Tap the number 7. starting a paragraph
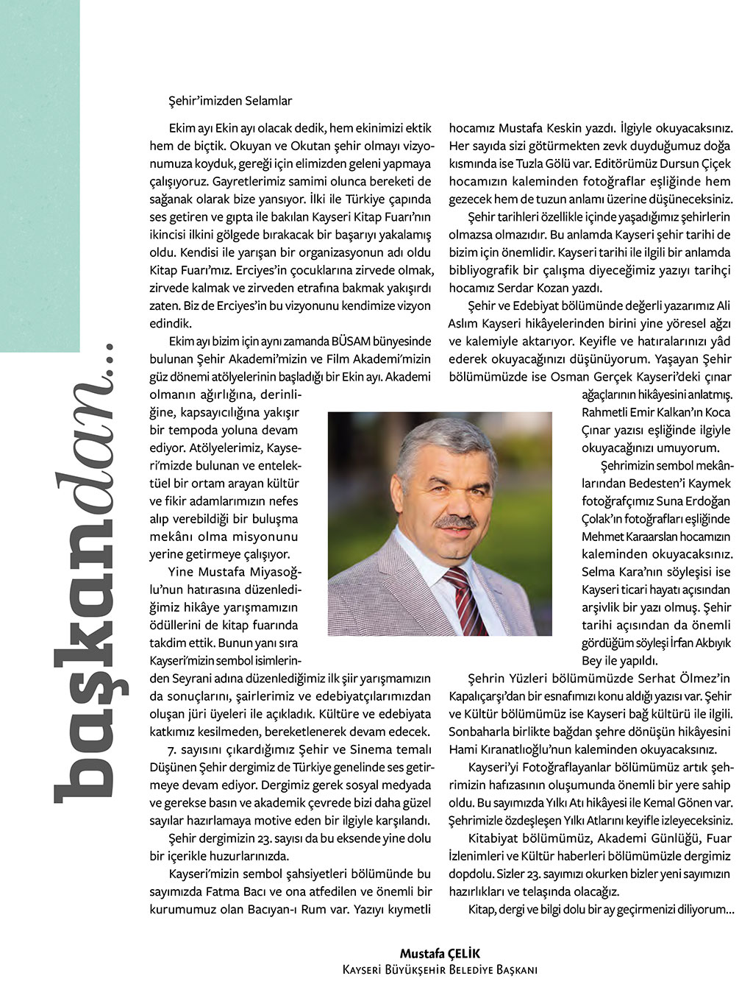[174, 749]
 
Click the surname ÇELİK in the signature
[463, 955]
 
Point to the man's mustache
[455, 522]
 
